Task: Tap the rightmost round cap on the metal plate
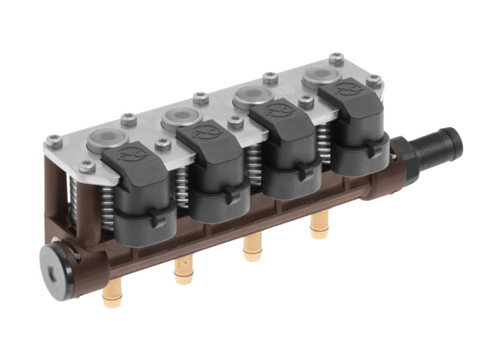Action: [317, 76]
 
